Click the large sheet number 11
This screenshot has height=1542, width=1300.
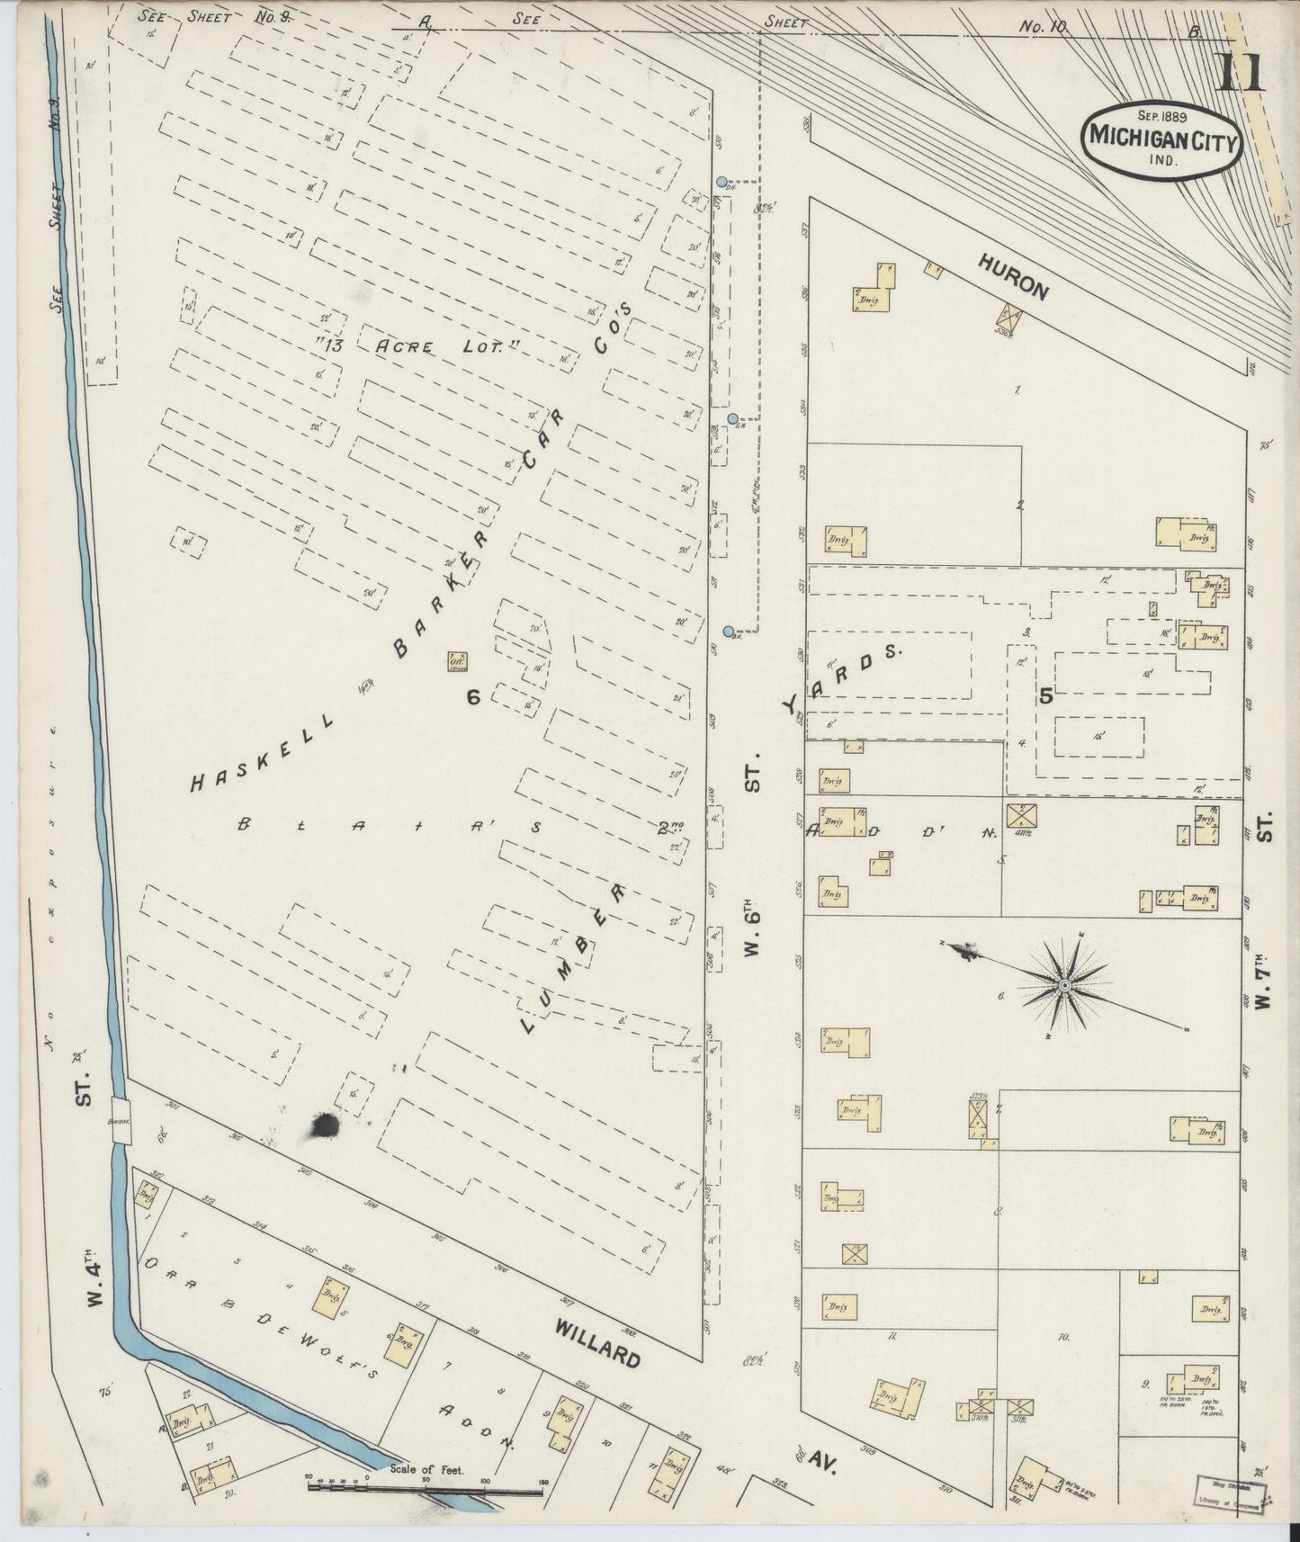(1241, 72)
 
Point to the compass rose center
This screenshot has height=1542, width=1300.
(1065, 987)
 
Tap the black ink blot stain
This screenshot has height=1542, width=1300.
(324, 1125)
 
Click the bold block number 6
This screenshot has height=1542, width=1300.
(474, 696)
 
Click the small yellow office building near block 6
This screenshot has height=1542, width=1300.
(456, 661)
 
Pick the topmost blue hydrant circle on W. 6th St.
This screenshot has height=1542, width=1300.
(722, 182)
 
